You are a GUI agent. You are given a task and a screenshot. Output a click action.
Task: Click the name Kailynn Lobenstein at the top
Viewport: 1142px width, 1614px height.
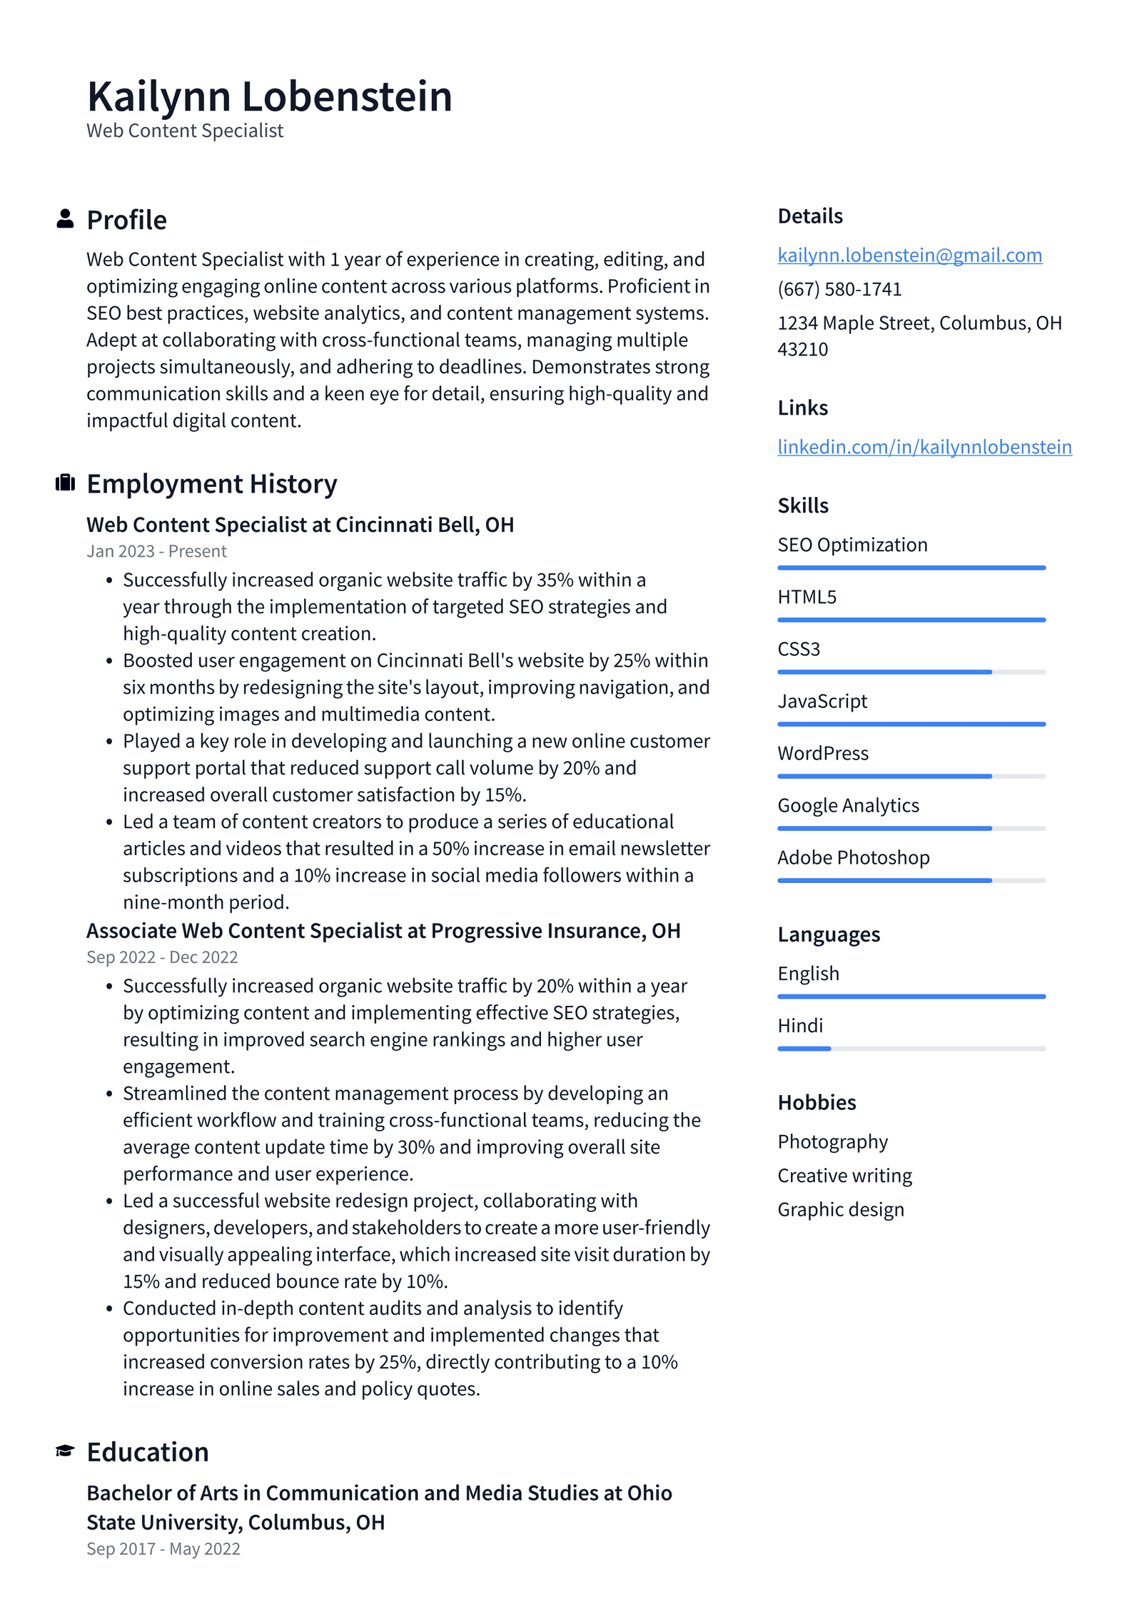(x=269, y=96)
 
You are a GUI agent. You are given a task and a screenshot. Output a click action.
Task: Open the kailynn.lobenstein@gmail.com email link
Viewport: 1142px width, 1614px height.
(x=909, y=255)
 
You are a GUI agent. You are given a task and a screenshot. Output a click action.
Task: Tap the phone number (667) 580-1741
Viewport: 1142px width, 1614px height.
(x=839, y=289)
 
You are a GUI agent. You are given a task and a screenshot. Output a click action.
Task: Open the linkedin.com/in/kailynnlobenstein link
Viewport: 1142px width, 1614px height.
(x=924, y=447)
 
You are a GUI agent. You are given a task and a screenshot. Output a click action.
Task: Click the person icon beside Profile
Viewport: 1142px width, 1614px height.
(x=65, y=218)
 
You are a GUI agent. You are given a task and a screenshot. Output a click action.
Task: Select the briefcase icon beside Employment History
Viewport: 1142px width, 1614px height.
(x=65, y=483)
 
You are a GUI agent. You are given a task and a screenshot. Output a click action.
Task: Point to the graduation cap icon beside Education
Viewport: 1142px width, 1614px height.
(x=65, y=1451)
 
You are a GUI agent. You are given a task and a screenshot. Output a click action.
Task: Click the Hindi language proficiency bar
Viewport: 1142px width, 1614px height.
(x=911, y=1049)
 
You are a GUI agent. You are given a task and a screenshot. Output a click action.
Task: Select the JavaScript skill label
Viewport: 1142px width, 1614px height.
(x=822, y=701)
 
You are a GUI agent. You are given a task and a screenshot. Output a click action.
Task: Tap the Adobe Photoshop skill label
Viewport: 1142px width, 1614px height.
(x=853, y=857)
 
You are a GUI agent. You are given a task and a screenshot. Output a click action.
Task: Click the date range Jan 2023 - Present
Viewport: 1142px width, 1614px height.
(x=156, y=551)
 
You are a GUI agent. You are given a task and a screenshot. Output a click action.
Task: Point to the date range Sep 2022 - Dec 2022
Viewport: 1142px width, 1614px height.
(x=162, y=957)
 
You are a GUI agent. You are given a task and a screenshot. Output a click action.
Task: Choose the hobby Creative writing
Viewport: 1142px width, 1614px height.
(x=844, y=1176)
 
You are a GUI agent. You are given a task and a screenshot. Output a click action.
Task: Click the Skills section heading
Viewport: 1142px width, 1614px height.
(x=802, y=505)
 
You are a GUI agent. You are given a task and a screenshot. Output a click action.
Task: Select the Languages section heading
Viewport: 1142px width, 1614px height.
(x=828, y=934)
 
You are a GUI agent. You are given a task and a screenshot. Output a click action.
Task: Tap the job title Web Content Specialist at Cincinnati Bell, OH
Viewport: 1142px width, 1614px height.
(x=300, y=525)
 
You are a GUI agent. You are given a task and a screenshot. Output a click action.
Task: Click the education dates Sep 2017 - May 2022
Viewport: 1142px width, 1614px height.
(x=163, y=1549)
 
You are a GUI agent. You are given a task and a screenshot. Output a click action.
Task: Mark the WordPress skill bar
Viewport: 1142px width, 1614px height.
(x=911, y=776)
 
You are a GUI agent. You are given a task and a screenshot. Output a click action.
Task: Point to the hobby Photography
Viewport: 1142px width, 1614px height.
(x=832, y=1141)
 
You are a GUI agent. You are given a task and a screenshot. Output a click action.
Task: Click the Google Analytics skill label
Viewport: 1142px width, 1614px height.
(x=848, y=805)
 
